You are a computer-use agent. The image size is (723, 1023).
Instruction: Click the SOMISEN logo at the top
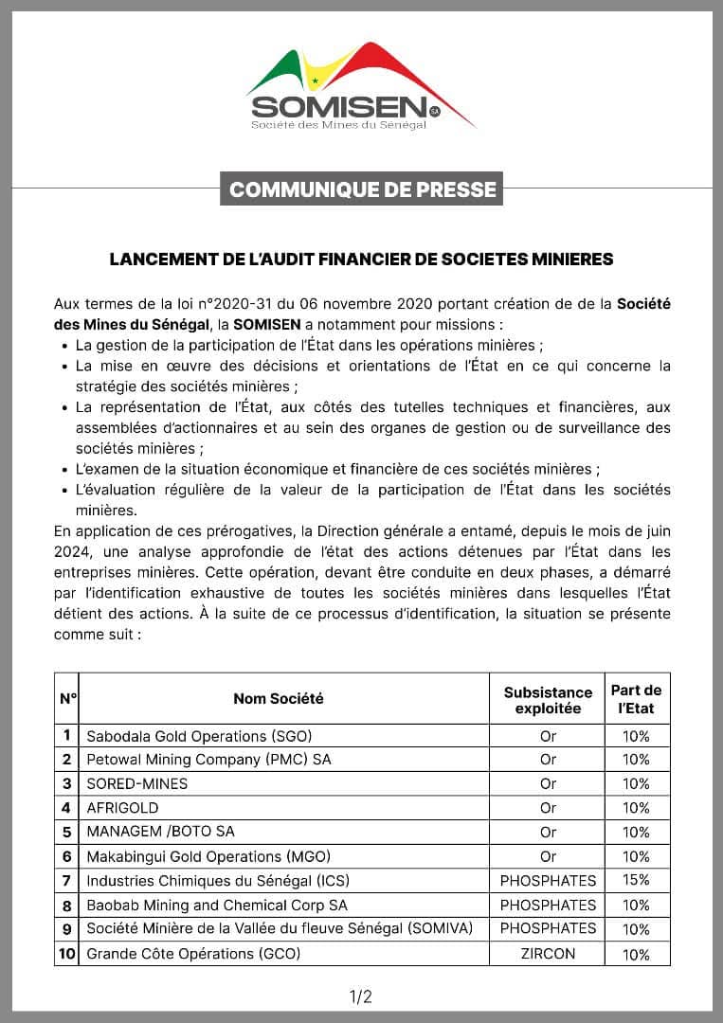click(361, 87)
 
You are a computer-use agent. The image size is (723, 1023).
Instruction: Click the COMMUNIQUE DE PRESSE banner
click(362, 189)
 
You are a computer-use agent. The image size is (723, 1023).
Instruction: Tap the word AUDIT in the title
click(316, 259)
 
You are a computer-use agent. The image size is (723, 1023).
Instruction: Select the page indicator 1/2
click(361, 996)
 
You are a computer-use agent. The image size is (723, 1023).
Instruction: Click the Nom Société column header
click(279, 698)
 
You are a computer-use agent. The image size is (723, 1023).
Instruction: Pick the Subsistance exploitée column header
click(548, 700)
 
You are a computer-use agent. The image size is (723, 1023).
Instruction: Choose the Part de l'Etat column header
click(637, 699)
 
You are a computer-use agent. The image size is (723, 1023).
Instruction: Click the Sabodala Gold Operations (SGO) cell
click(199, 736)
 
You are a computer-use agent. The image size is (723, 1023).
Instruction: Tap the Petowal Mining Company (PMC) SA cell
click(208, 760)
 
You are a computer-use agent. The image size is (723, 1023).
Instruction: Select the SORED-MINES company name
click(137, 783)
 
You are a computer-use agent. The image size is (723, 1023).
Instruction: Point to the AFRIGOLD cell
click(123, 808)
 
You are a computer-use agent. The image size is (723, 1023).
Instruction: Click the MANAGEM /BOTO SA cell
click(160, 832)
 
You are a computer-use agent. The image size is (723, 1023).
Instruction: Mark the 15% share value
click(637, 880)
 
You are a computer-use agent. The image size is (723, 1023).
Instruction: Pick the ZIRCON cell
click(548, 954)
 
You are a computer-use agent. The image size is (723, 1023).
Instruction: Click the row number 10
click(67, 954)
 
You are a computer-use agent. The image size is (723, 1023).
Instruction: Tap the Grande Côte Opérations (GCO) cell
click(193, 954)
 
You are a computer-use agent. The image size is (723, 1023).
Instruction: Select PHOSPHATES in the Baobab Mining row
click(548, 905)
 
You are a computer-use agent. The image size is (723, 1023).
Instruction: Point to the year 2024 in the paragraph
click(72, 551)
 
